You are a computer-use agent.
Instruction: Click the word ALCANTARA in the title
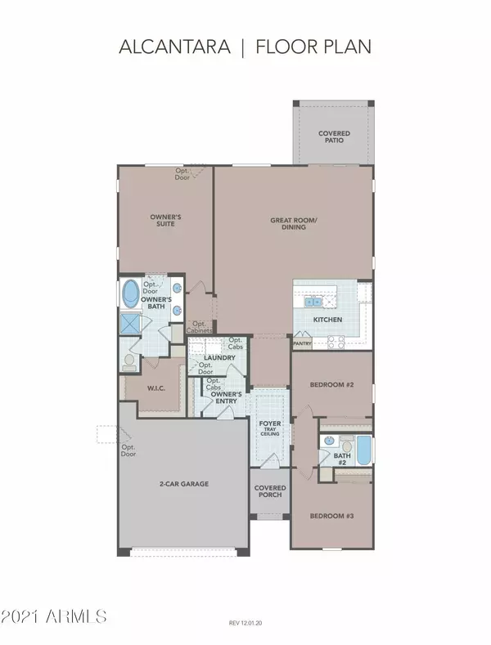click(x=174, y=47)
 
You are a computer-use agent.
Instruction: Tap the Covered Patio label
click(x=334, y=137)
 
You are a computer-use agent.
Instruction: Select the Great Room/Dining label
click(x=294, y=223)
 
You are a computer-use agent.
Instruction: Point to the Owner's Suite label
click(x=165, y=220)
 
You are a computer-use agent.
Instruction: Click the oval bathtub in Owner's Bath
click(x=131, y=293)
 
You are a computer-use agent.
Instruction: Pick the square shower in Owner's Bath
click(x=131, y=323)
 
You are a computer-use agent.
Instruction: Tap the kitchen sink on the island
click(x=313, y=302)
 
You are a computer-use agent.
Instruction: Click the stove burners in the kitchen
click(x=336, y=343)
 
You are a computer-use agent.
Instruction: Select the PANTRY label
click(x=302, y=343)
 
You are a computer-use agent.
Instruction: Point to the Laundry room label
click(x=219, y=357)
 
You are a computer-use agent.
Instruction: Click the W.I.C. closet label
click(x=156, y=388)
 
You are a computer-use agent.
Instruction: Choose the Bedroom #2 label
click(x=331, y=384)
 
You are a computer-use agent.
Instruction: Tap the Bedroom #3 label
click(x=331, y=516)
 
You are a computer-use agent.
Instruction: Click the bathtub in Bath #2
click(x=363, y=450)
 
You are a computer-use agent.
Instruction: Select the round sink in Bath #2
click(x=329, y=441)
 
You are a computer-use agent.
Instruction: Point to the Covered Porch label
click(x=270, y=491)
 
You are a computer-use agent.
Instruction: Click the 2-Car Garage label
click(x=184, y=484)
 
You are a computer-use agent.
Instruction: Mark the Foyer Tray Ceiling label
click(x=270, y=428)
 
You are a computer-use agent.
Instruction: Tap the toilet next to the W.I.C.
click(x=129, y=361)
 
